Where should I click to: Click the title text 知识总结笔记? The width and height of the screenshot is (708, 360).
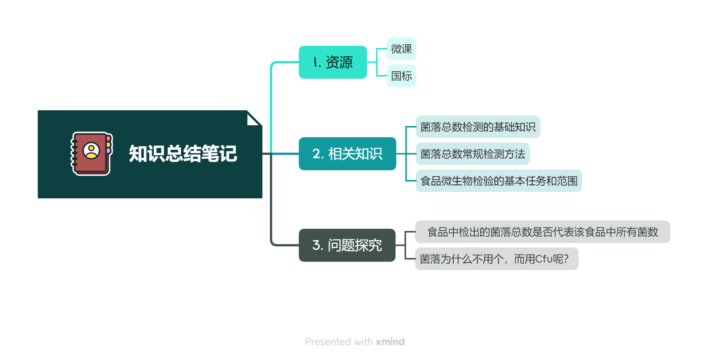tap(183, 154)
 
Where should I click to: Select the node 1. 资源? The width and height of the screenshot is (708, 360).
tap(333, 62)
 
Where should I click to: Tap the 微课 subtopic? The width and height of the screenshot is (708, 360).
tap(401, 49)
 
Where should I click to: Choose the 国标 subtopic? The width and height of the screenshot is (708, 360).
tap(401, 76)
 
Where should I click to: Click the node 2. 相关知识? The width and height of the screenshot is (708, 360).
tap(347, 154)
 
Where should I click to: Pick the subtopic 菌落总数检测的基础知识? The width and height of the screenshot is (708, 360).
tap(478, 127)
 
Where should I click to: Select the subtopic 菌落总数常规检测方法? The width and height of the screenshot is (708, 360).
tap(472, 154)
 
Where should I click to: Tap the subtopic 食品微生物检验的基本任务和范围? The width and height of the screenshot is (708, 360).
tap(499, 181)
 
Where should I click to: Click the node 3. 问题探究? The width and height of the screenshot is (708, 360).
tap(347, 245)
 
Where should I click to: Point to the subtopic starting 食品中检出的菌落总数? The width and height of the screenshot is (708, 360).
tap(542, 232)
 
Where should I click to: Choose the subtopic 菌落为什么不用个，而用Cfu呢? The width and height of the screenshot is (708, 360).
tap(496, 259)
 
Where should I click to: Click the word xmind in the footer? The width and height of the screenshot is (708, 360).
tap(390, 342)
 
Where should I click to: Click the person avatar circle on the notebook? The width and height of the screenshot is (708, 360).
tap(91, 150)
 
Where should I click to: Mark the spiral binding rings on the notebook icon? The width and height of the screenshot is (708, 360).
tap(74, 153)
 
